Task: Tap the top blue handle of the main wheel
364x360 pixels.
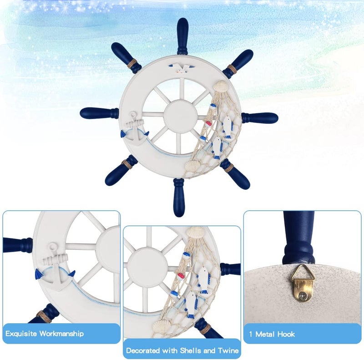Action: (182, 36)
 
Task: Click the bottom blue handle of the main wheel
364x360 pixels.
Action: (179, 198)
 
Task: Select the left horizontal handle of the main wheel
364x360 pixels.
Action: (99, 113)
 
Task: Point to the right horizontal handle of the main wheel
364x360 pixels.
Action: (260, 118)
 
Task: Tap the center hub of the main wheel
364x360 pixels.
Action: (181, 117)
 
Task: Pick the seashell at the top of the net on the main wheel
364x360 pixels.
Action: (220, 86)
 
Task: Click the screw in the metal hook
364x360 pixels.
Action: (303, 296)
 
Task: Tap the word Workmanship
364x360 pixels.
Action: (61, 334)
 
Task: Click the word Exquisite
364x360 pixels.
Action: (21, 334)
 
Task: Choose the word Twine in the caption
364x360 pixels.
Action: (228, 350)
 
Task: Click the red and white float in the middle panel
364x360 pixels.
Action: (180, 276)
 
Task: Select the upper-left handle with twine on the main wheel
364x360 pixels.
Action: (126, 58)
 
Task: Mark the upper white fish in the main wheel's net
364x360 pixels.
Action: (227, 128)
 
